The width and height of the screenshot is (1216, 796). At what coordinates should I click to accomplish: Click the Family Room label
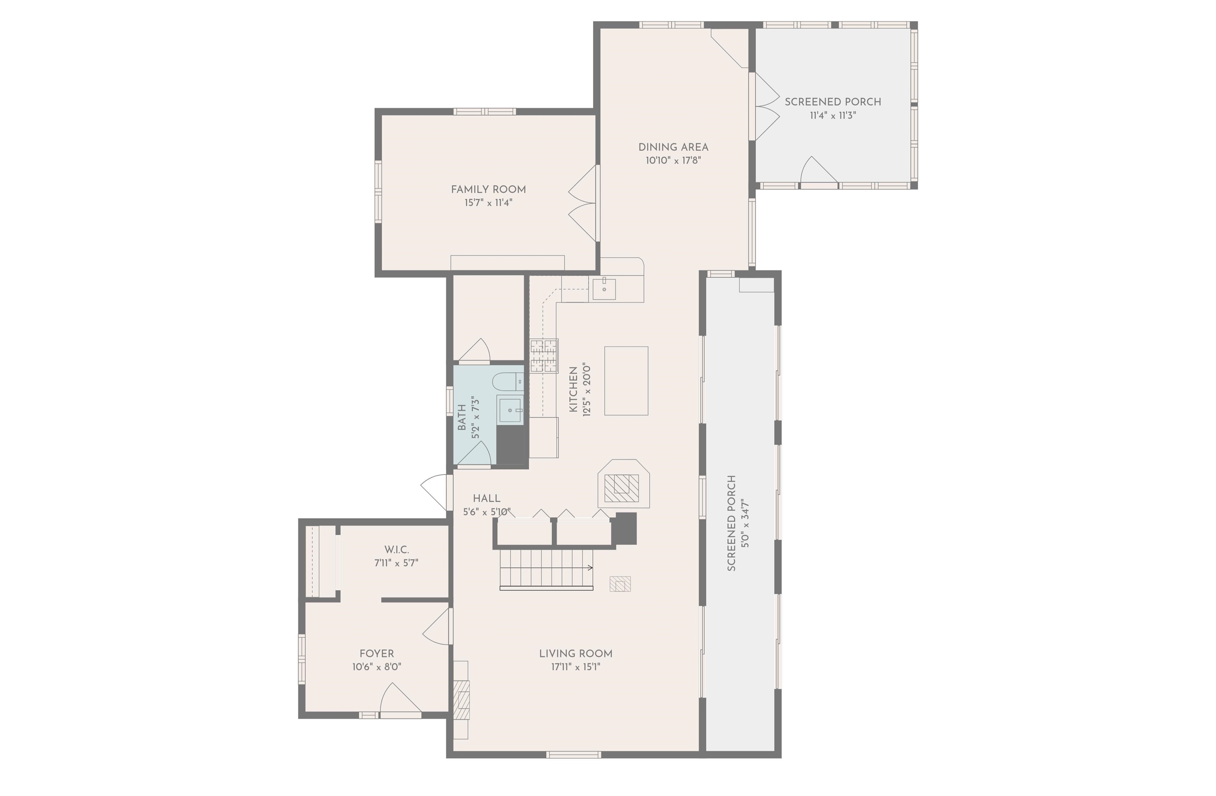coord(488,190)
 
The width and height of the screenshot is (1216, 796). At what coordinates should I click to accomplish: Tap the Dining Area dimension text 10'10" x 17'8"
coord(673,160)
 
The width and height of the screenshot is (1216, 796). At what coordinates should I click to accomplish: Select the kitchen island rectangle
coord(626,381)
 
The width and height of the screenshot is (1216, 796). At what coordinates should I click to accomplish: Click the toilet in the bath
coord(507,381)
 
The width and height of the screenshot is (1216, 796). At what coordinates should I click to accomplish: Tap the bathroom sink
coord(510,410)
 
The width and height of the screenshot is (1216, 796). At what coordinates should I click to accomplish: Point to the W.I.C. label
coord(397,550)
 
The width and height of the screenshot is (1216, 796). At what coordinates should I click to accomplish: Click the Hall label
coord(486,498)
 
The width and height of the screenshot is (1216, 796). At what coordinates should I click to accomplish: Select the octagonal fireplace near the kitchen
coord(623,484)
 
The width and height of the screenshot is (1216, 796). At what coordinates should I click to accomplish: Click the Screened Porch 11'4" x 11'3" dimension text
coord(832,116)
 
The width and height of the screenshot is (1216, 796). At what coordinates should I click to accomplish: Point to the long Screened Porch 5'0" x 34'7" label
coord(731,523)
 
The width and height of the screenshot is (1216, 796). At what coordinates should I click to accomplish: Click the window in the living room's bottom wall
coord(573,754)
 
